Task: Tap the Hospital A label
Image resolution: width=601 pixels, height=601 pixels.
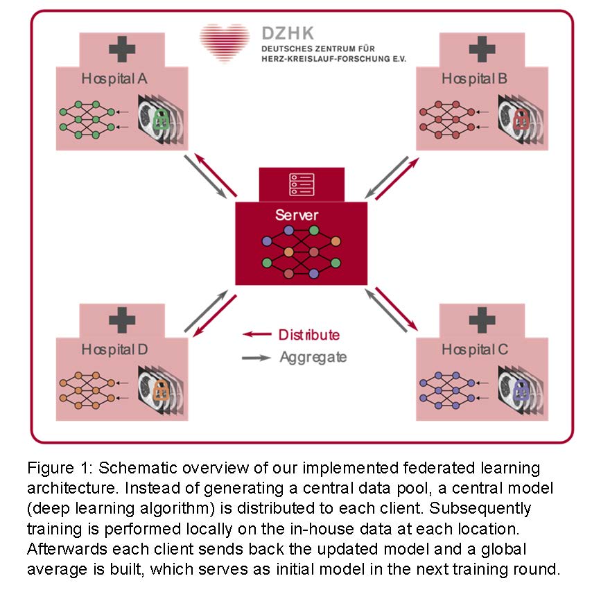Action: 114,78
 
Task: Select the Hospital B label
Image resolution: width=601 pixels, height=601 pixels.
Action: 475,78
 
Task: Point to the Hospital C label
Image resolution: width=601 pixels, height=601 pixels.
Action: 475,349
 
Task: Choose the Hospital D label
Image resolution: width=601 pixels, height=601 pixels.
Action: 114,349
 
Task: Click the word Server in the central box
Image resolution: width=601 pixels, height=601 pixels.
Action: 297,215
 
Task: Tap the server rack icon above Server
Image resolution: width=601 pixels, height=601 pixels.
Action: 301,184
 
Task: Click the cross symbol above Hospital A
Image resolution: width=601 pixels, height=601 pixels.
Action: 121,49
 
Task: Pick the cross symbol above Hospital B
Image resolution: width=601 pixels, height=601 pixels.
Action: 482,49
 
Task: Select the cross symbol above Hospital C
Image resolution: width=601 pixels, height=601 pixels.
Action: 482,320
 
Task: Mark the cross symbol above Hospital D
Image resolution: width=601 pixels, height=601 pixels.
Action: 121,320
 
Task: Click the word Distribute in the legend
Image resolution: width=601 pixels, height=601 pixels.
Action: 309,335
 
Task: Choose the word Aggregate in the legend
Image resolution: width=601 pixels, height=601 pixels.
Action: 313,357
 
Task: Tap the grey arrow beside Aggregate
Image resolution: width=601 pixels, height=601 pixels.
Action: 256,358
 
